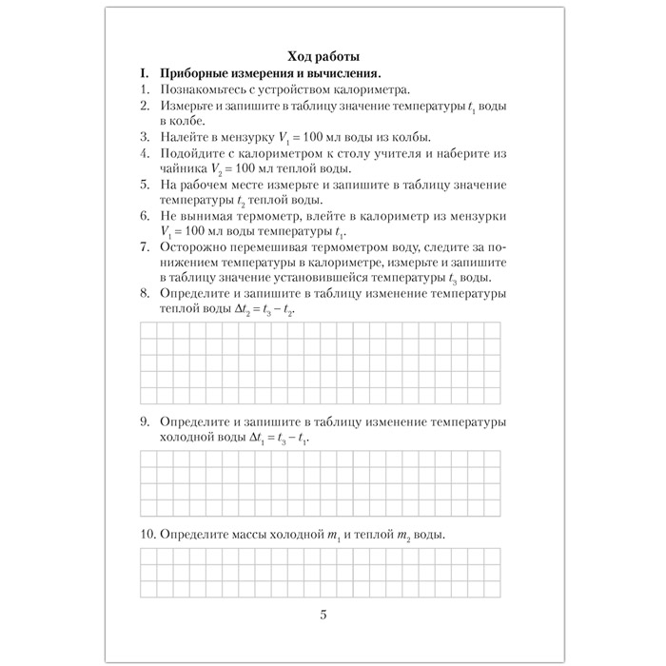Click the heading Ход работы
[323, 55]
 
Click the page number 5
[323, 614]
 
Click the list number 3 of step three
[144, 137]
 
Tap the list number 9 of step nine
[144, 421]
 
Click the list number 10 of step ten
[147, 537]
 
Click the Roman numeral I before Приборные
[142, 72]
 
